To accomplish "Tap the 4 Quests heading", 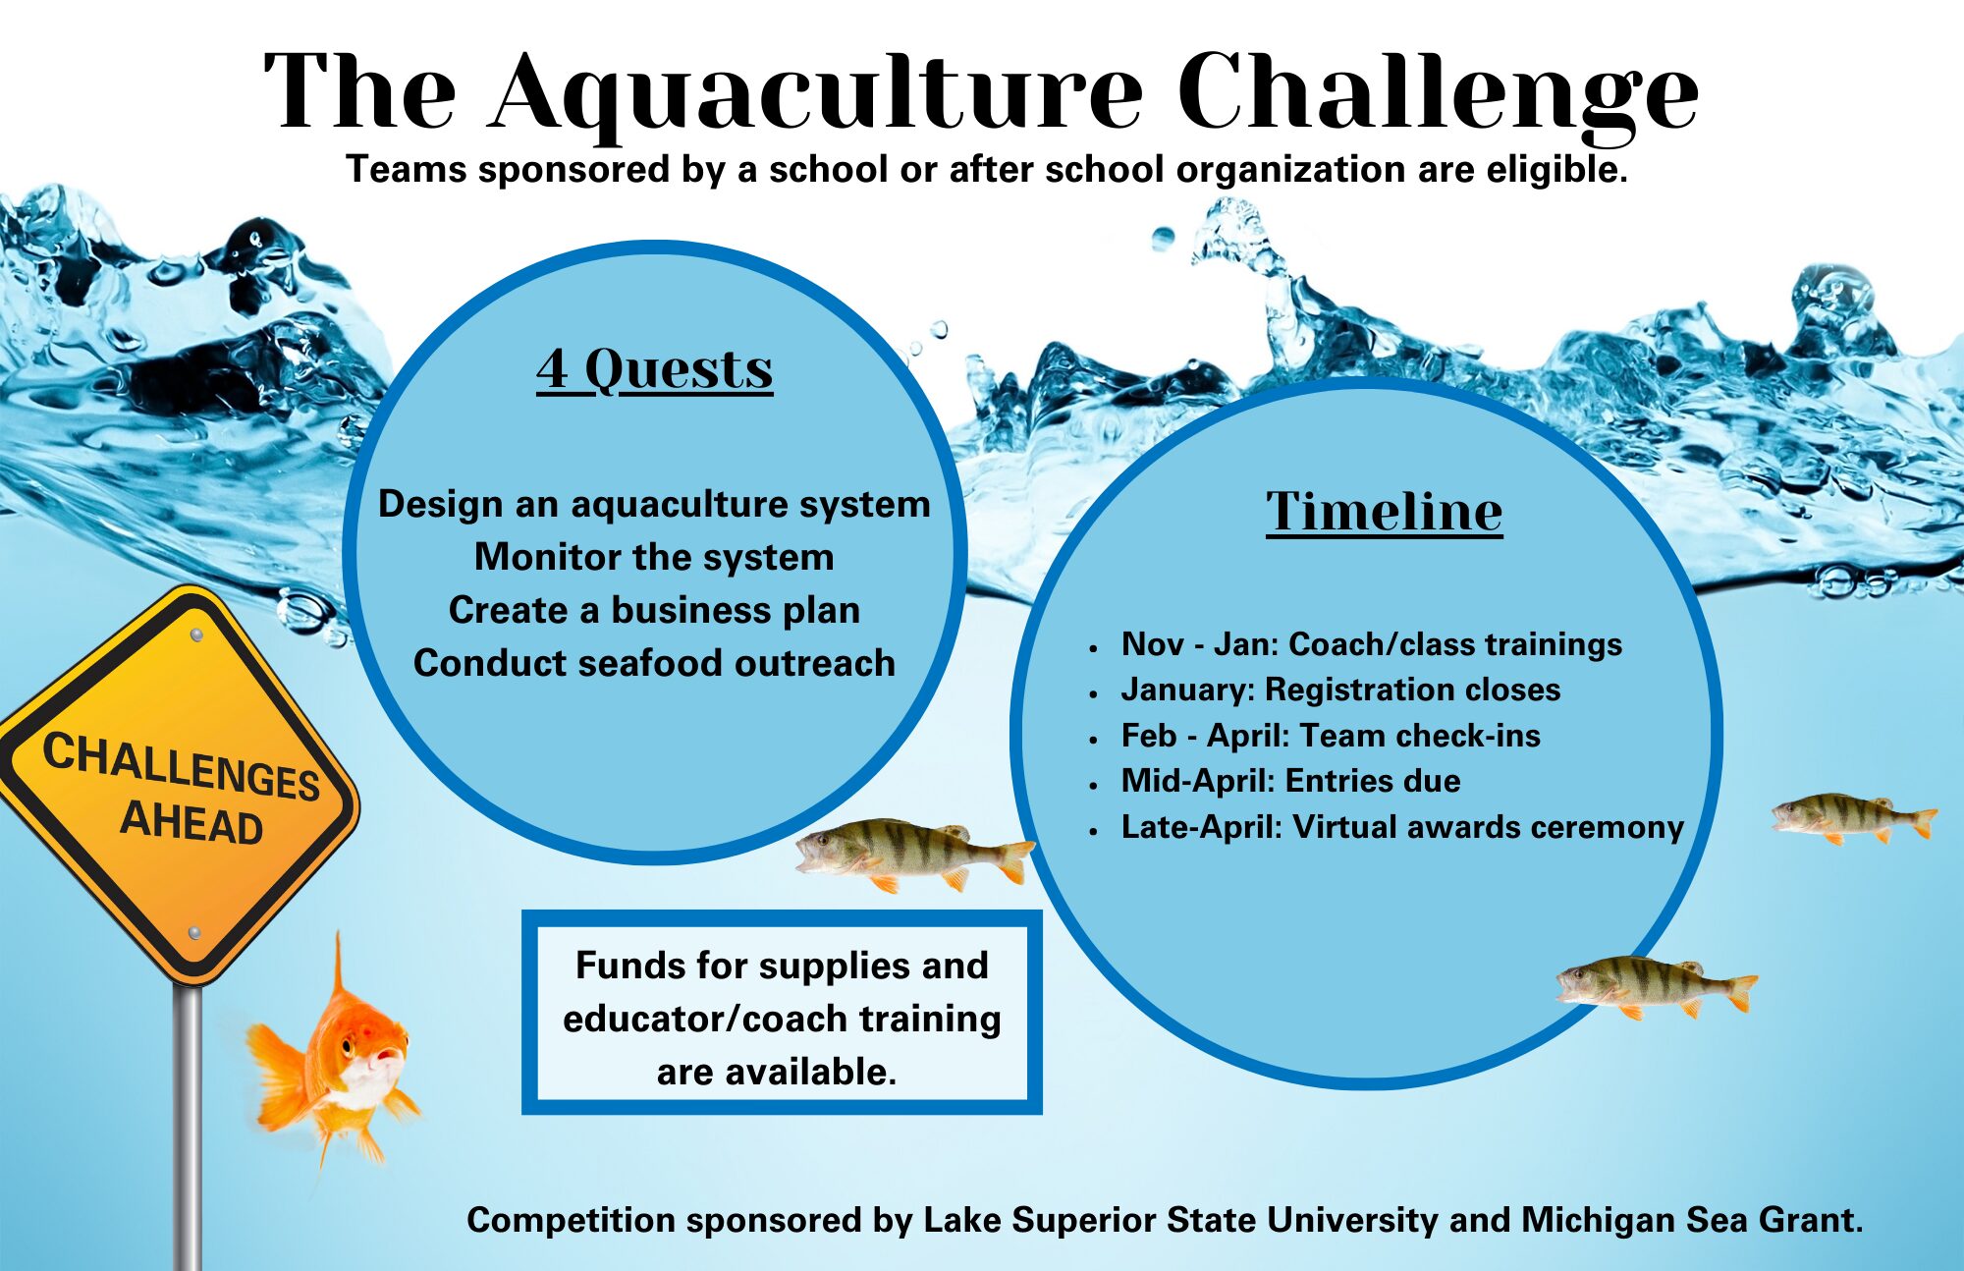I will (655, 370).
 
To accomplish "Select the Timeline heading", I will (1384, 512).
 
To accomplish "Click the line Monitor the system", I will (654, 557).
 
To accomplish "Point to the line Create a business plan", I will (654, 610).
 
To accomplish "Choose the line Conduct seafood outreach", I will (654, 663).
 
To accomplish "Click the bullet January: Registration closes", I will (1340, 690).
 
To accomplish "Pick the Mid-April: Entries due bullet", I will (1290, 781).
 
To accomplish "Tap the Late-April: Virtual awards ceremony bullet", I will (1402, 827).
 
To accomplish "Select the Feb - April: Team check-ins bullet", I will (1331, 736).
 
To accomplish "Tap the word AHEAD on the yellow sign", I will (191, 822).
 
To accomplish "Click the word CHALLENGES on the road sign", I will (182, 766).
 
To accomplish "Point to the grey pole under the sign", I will (187, 1130).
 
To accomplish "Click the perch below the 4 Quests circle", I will (908, 851).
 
